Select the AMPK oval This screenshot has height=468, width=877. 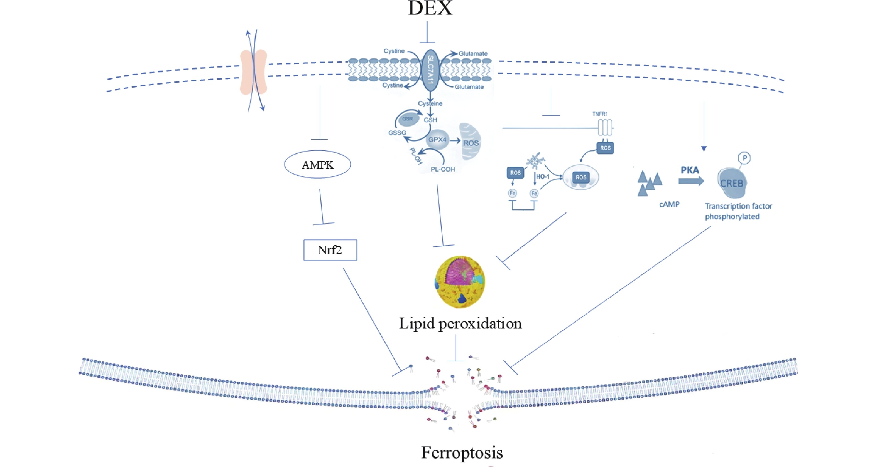pyautogui.click(x=317, y=165)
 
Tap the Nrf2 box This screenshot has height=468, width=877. pyautogui.click(x=330, y=250)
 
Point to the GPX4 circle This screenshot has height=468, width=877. pyautogui.click(x=437, y=139)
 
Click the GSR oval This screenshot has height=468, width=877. pyautogui.click(x=408, y=119)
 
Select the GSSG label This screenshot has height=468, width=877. pyautogui.click(x=397, y=133)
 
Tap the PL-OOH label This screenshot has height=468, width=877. pyautogui.click(x=443, y=169)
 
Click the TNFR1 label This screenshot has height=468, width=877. pyautogui.click(x=600, y=114)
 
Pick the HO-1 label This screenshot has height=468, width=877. pyautogui.click(x=543, y=177)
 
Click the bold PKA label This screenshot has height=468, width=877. pyautogui.click(x=690, y=170)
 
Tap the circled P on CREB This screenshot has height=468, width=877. pyautogui.click(x=744, y=158)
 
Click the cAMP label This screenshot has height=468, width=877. pyautogui.click(x=669, y=204)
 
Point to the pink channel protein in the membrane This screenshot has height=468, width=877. pyautogui.click(x=253, y=72)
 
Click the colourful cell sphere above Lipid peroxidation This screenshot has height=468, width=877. pyautogui.click(x=460, y=282)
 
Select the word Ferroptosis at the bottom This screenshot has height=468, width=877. pyautogui.click(x=462, y=453)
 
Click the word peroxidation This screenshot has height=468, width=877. pyautogui.click(x=480, y=323)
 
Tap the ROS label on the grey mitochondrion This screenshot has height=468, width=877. pyautogui.click(x=471, y=143)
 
